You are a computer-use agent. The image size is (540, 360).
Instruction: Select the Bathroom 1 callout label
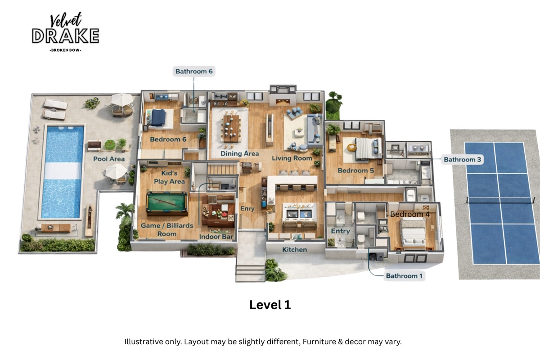404,276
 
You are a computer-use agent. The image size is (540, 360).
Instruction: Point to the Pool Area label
109,159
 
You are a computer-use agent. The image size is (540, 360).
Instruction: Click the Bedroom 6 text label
168,139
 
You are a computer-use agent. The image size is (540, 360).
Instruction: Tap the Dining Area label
239,153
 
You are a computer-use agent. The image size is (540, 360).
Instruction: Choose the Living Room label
292,158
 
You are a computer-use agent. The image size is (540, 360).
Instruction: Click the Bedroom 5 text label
356,171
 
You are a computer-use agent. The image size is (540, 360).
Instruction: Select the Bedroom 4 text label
409,214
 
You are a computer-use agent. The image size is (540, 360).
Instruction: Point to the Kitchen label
294,249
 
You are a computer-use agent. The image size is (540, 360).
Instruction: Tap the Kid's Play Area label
170,177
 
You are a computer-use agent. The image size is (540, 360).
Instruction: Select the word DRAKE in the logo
65,36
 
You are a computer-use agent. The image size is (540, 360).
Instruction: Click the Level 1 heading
270,305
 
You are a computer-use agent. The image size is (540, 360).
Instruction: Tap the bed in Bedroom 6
158,118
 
